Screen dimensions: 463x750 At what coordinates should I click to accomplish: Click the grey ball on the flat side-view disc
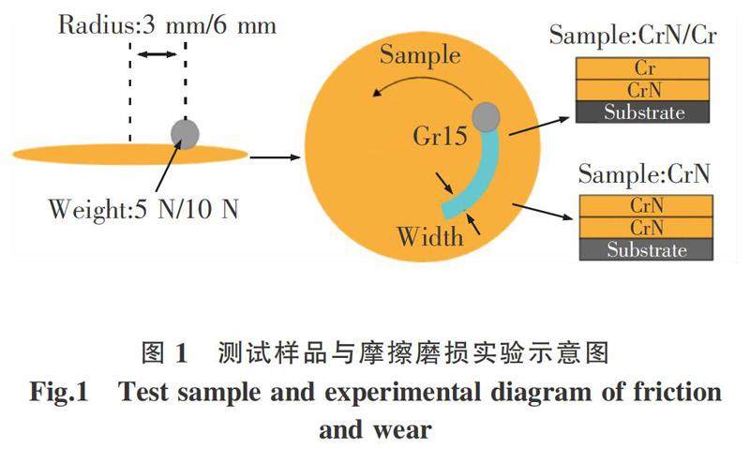[x=185, y=134]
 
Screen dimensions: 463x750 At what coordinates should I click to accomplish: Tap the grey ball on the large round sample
[x=487, y=117]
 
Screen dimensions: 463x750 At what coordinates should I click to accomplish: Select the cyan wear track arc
[x=477, y=178]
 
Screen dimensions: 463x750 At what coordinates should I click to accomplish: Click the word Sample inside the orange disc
[x=420, y=56]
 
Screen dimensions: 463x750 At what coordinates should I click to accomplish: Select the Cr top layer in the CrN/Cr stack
[x=644, y=69]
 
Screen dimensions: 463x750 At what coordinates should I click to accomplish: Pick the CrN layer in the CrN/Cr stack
[x=644, y=90]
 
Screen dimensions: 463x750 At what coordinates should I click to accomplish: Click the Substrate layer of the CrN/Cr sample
[x=644, y=112]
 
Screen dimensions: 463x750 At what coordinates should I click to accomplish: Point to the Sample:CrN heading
[x=643, y=173]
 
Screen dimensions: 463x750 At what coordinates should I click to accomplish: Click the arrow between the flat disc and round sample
[x=277, y=154]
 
